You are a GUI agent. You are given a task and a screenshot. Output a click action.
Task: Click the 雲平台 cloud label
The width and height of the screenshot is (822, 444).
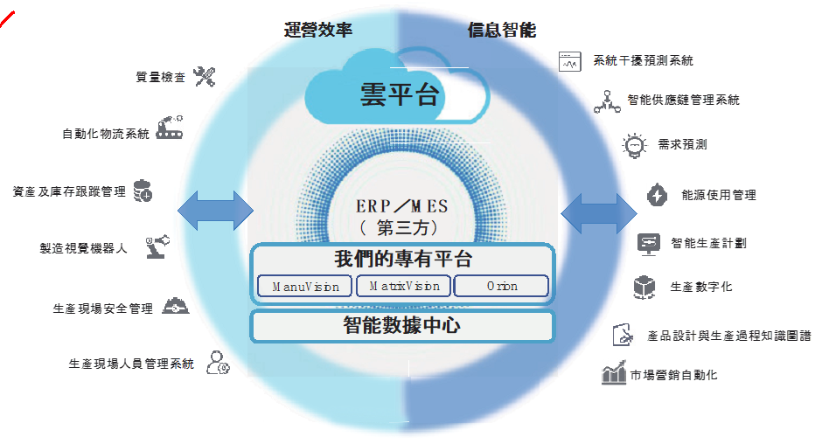tap(399, 94)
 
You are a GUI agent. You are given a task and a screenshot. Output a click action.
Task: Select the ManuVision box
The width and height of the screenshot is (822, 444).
tap(305, 286)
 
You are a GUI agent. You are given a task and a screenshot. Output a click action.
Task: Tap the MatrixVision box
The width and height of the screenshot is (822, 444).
tap(403, 286)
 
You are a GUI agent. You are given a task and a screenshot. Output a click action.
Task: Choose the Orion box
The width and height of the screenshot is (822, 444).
tap(502, 286)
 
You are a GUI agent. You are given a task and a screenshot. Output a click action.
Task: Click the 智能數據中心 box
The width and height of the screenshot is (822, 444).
tap(402, 326)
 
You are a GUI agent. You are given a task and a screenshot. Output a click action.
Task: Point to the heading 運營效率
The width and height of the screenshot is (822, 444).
tap(318, 30)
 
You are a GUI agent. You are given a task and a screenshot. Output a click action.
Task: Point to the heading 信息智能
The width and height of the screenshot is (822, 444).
tap(503, 30)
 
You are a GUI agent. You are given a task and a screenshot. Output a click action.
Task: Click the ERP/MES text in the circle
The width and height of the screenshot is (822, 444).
tap(401, 206)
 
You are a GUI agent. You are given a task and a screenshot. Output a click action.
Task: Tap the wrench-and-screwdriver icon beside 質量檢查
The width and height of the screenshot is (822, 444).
tap(204, 77)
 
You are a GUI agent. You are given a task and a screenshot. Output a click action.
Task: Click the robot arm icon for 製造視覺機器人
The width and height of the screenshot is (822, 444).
tap(158, 246)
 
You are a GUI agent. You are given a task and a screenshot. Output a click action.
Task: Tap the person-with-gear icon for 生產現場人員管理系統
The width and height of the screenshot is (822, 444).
tap(217, 362)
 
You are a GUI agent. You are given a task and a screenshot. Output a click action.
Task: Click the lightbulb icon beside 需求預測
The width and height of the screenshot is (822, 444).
tap(633, 145)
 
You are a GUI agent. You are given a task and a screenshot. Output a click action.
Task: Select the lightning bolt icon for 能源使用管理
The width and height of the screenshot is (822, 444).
tap(657, 194)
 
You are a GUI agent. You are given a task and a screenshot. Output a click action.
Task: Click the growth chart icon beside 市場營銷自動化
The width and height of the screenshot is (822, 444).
tap(614, 373)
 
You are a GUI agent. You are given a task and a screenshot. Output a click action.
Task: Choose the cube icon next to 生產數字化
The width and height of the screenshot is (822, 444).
tap(645, 287)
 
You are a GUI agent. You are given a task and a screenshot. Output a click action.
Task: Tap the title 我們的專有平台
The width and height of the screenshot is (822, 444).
tap(402, 260)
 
